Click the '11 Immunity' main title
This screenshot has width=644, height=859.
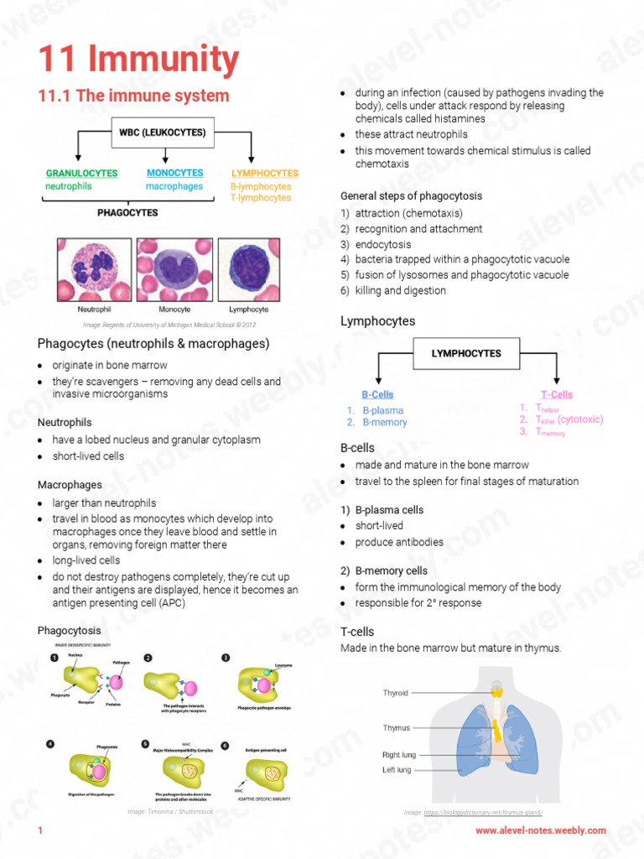(138, 60)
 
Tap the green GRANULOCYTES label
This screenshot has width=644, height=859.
(81, 174)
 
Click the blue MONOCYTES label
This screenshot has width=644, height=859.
(174, 173)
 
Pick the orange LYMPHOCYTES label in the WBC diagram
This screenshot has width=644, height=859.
(264, 174)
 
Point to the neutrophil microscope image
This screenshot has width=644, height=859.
(94, 270)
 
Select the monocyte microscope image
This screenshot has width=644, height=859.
(174, 270)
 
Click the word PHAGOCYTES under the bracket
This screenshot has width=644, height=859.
(127, 213)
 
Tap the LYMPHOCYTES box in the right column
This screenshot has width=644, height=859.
(466, 354)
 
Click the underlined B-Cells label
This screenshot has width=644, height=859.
(377, 394)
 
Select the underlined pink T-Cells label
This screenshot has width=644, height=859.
(557, 394)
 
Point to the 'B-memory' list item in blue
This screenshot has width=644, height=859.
(384, 423)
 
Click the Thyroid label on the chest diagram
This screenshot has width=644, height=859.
(396, 693)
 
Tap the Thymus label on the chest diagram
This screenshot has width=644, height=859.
(397, 728)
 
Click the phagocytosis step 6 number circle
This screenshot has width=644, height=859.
(225, 746)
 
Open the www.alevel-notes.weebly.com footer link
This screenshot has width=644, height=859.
(540, 830)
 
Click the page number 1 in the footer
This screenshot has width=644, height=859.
(39, 830)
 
